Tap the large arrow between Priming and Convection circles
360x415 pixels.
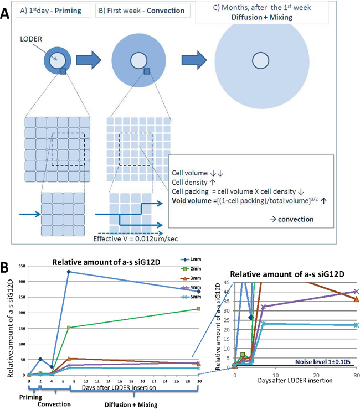[x=88, y=56]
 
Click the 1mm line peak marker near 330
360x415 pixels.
[x=68, y=272]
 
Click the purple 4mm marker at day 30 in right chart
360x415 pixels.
[x=357, y=291]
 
